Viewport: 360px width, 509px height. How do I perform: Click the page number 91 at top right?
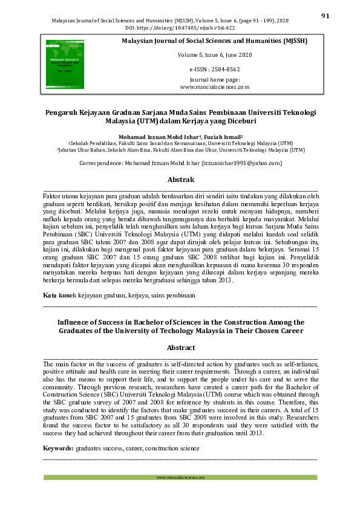click(325, 16)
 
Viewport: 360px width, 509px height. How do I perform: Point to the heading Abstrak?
click(180, 180)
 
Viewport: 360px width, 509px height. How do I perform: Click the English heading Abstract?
click(180, 348)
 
